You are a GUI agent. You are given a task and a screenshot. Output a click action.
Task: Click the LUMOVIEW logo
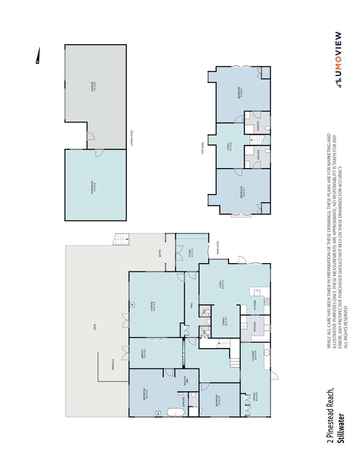tap(338, 60)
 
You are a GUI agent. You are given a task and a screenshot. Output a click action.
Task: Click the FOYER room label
tap(191, 252)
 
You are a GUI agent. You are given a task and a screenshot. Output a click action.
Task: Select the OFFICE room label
tap(254, 399)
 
